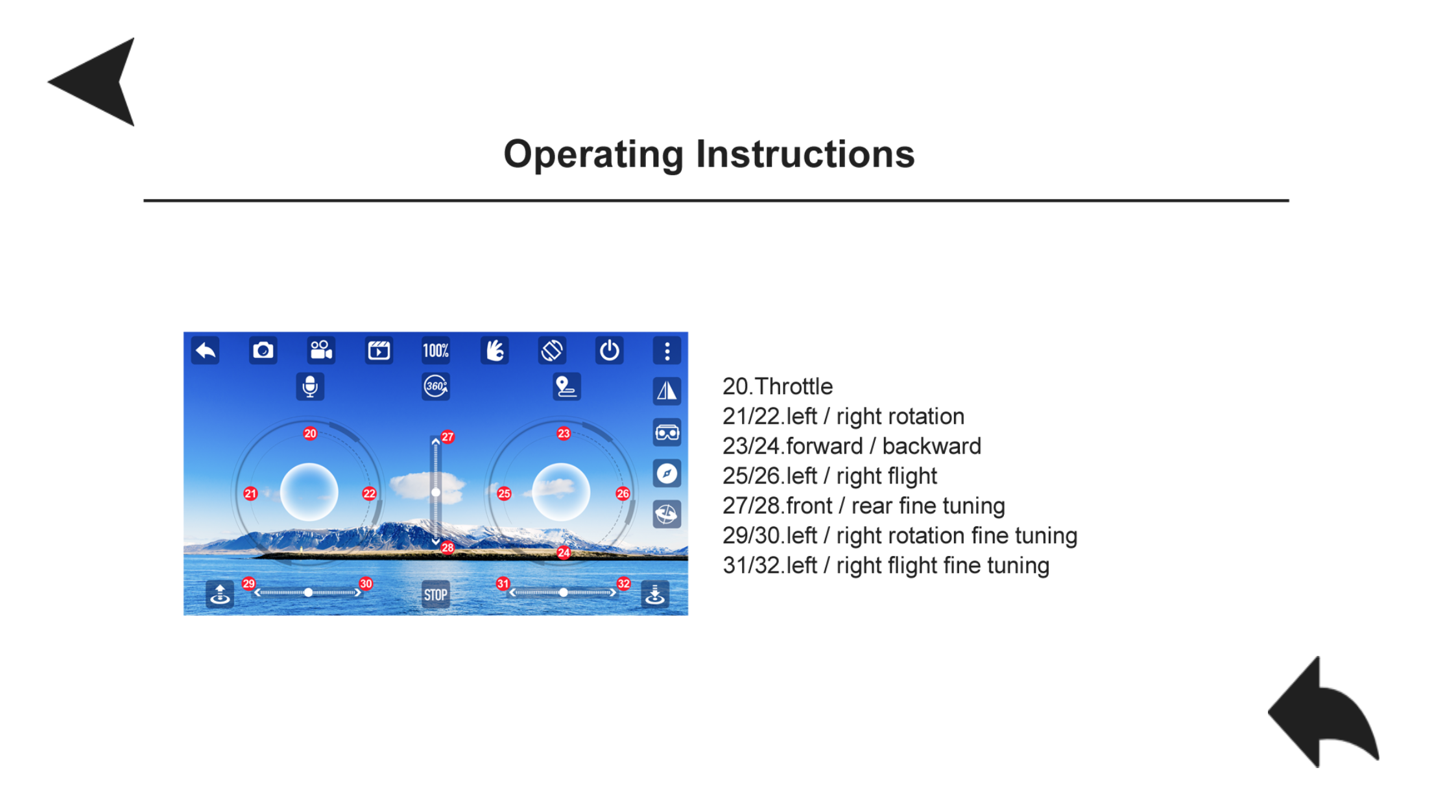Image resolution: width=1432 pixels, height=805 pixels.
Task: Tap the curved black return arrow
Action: (1323, 713)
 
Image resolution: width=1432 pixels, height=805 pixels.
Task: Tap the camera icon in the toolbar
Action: (263, 351)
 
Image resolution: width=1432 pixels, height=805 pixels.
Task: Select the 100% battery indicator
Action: (436, 351)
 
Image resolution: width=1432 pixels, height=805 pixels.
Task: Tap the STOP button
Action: (436, 594)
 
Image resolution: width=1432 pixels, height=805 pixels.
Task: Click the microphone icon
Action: (310, 386)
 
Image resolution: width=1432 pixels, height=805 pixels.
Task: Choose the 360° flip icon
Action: (436, 386)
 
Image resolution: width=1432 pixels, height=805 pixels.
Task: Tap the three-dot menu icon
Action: (667, 351)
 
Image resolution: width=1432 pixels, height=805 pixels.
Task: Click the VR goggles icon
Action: (667, 432)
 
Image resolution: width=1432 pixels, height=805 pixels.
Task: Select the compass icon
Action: (667, 473)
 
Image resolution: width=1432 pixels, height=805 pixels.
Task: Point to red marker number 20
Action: (310, 433)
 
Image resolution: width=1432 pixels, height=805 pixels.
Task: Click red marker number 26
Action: (623, 493)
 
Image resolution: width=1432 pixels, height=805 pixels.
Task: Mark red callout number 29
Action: (249, 583)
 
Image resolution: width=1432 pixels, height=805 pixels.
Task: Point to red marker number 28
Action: (447, 548)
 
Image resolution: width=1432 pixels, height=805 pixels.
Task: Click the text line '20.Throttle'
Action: (778, 386)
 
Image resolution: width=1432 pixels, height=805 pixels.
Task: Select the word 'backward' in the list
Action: (931, 446)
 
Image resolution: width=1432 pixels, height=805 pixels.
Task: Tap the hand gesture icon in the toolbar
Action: (494, 351)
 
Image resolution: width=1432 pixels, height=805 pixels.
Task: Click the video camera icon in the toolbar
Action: (321, 351)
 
